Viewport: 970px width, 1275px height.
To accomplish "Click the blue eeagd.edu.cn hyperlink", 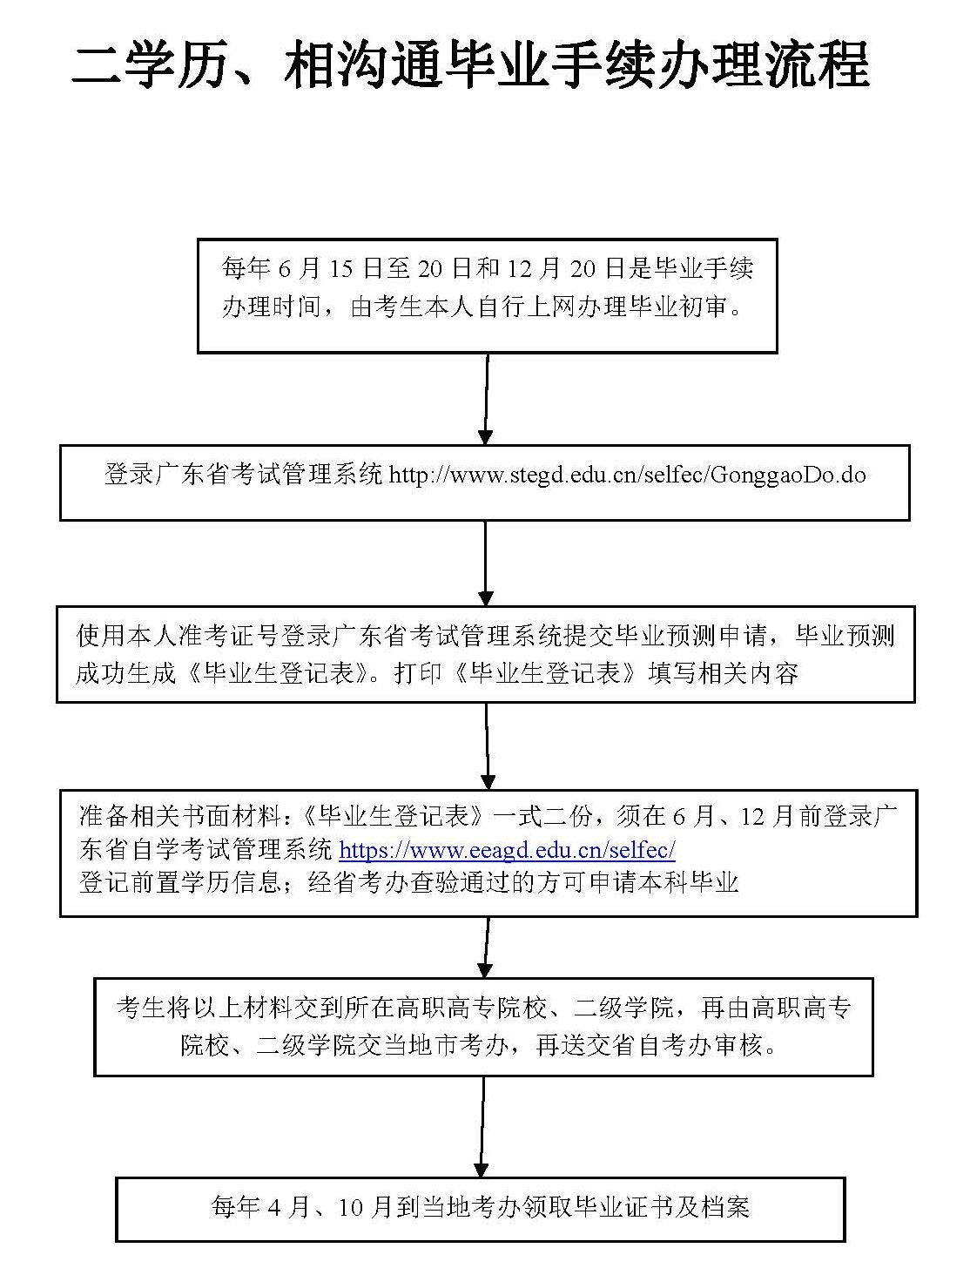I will point(507,849).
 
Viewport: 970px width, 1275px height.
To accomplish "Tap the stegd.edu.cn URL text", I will point(627,475).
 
